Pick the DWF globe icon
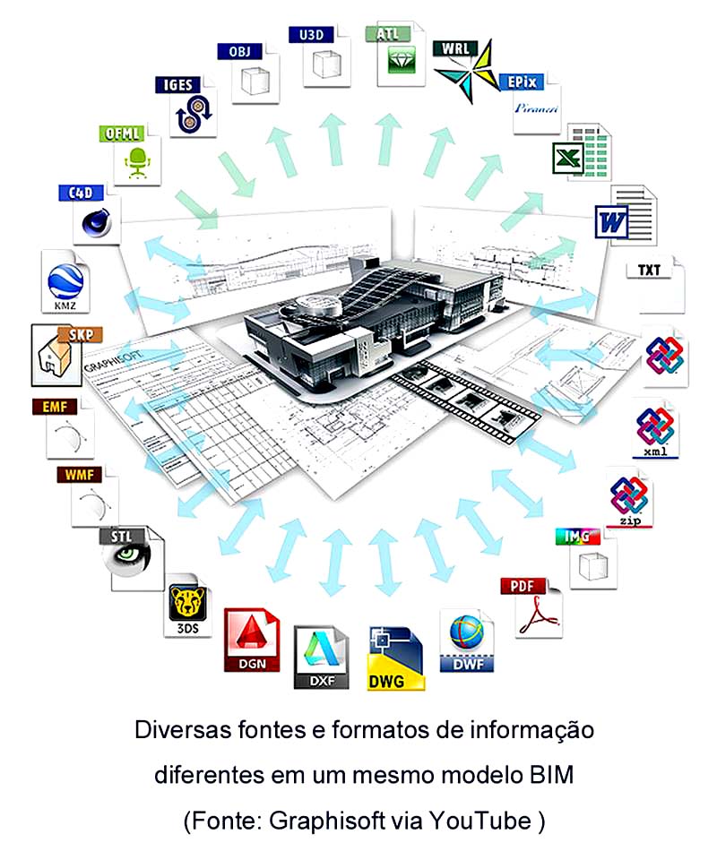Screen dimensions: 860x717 pyautogui.click(x=466, y=641)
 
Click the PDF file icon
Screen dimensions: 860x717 pyautogui.click(x=537, y=608)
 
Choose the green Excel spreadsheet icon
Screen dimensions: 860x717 pyautogui.click(x=579, y=153)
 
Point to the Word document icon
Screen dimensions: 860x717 pyautogui.click(x=625, y=215)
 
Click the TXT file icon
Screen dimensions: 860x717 pyautogui.click(x=661, y=282)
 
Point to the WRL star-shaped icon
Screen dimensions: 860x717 pyautogui.click(x=463, y=71)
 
